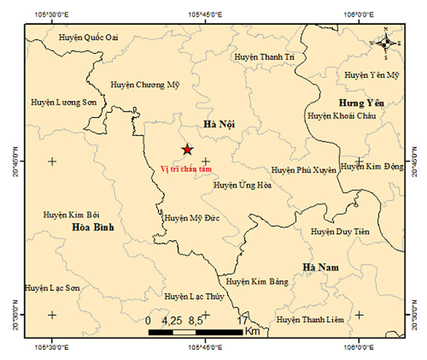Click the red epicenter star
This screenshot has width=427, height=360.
187,149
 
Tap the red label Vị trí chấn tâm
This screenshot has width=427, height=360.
187,168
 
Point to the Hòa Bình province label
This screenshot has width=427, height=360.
93,227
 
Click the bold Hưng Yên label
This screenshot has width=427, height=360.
362,103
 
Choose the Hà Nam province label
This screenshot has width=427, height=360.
320,267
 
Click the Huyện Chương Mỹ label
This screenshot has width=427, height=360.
146,84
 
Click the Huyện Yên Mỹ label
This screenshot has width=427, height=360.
372,75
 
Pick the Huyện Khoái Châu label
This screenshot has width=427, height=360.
341,116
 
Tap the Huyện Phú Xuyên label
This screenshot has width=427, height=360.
303,170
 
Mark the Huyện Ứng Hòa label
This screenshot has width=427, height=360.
242,185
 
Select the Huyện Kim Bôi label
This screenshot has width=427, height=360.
72,215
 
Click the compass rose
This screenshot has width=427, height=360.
386,43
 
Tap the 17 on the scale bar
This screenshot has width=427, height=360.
242,321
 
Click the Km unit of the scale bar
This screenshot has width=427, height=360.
252,332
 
